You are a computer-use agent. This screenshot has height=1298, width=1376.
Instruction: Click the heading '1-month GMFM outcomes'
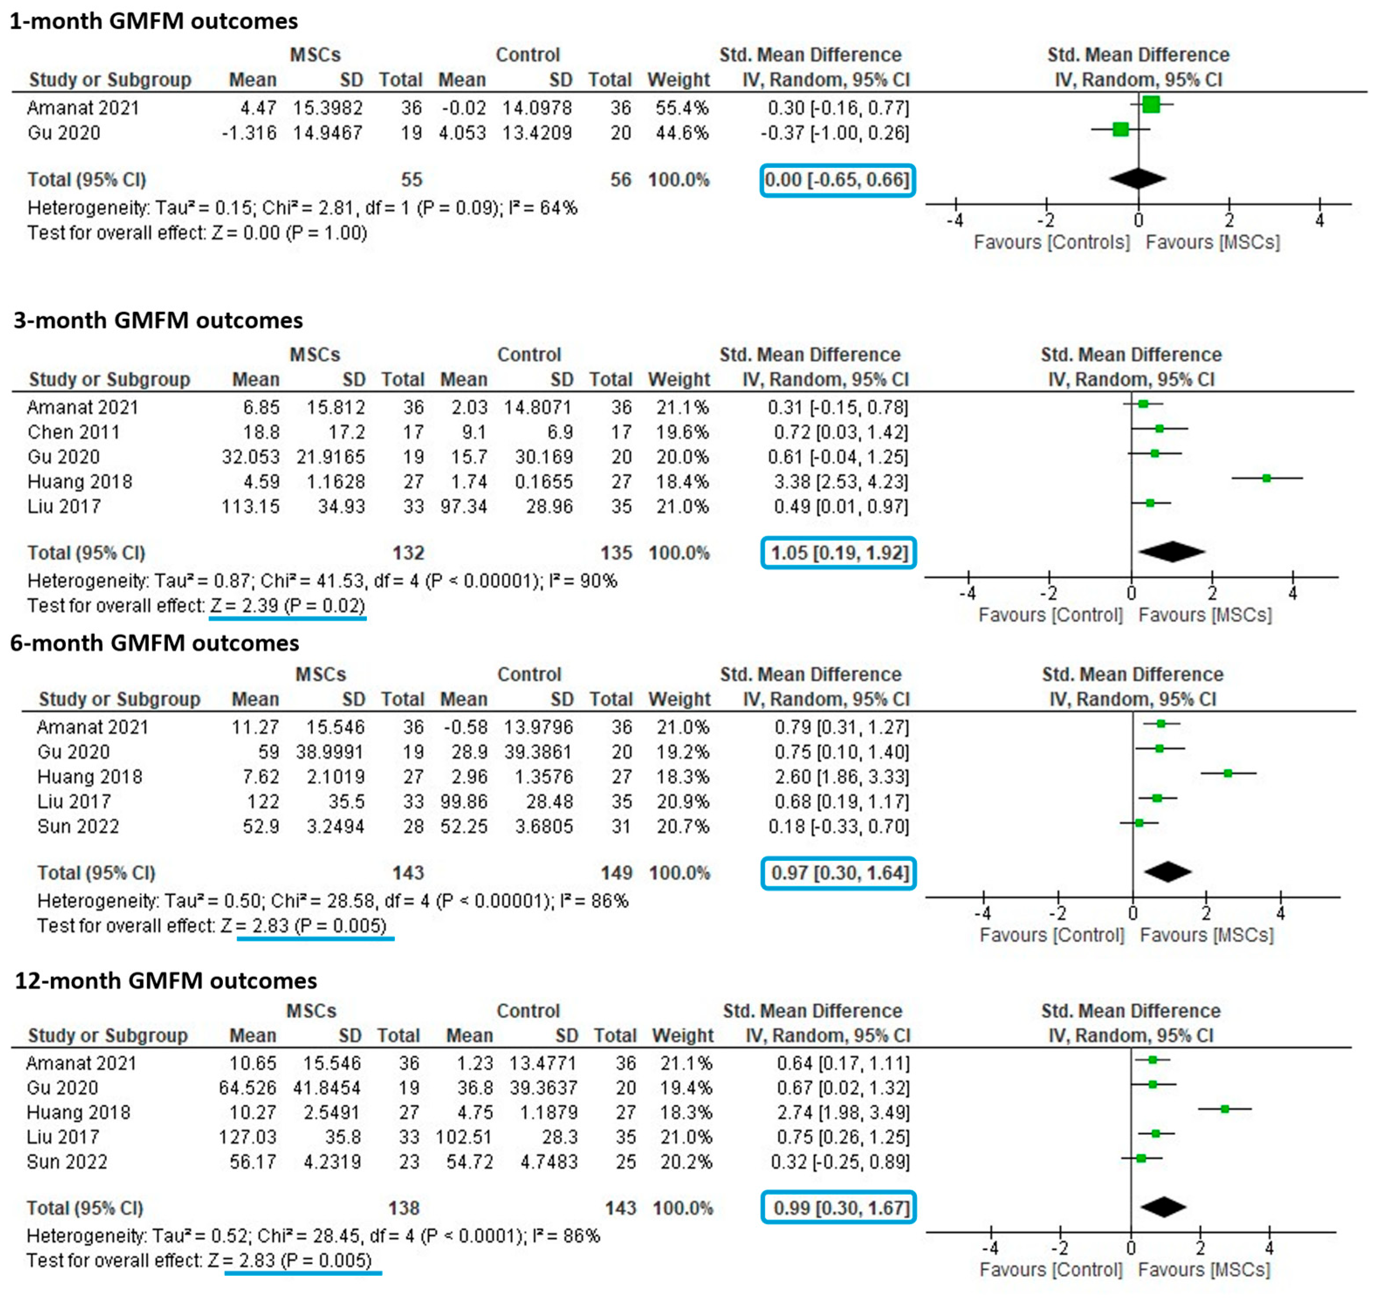(x=154, y=21)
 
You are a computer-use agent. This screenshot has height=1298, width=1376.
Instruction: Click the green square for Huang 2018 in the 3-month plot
(x=1266, y=478)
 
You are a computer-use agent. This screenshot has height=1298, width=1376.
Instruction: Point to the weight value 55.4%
(x=682, y=108)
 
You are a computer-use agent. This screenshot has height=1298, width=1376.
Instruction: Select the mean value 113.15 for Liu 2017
(x=250, y=507)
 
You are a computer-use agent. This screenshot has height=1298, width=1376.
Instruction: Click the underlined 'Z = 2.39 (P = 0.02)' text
(x=287, y=606)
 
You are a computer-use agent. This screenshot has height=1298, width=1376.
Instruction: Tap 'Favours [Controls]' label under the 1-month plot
(x=1051, y=242)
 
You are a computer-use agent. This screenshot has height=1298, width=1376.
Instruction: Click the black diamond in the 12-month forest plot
(x=1163, y=1207)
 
